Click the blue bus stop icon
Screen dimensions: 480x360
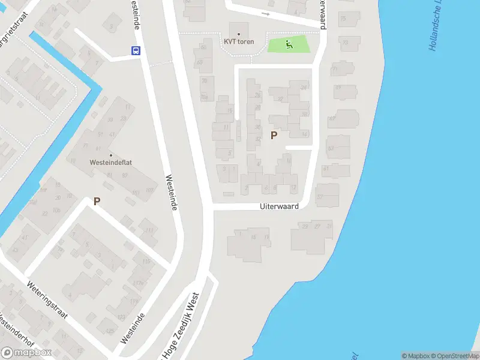(x=136, y=51)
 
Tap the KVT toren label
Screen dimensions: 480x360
(x=239, y=41)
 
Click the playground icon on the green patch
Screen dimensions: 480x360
(x=289, y=43)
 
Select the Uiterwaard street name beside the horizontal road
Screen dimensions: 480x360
(x=279, y=206)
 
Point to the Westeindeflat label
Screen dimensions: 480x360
(x=110, y=163)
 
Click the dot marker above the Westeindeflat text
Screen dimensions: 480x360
(x=110, y=155)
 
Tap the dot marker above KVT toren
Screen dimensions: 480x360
(x=239, y=34)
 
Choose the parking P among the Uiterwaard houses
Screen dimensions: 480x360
(x=274, y=136)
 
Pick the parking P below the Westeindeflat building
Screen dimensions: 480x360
(x=96, y=202)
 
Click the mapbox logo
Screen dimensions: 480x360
(x=26, y=353)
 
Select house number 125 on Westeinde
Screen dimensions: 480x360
(x=109, y=331)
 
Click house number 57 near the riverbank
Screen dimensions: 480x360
(x=319, y=197)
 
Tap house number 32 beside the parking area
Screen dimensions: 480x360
(x=258, y=139)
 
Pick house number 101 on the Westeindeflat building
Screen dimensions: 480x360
(x=135, y=192)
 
